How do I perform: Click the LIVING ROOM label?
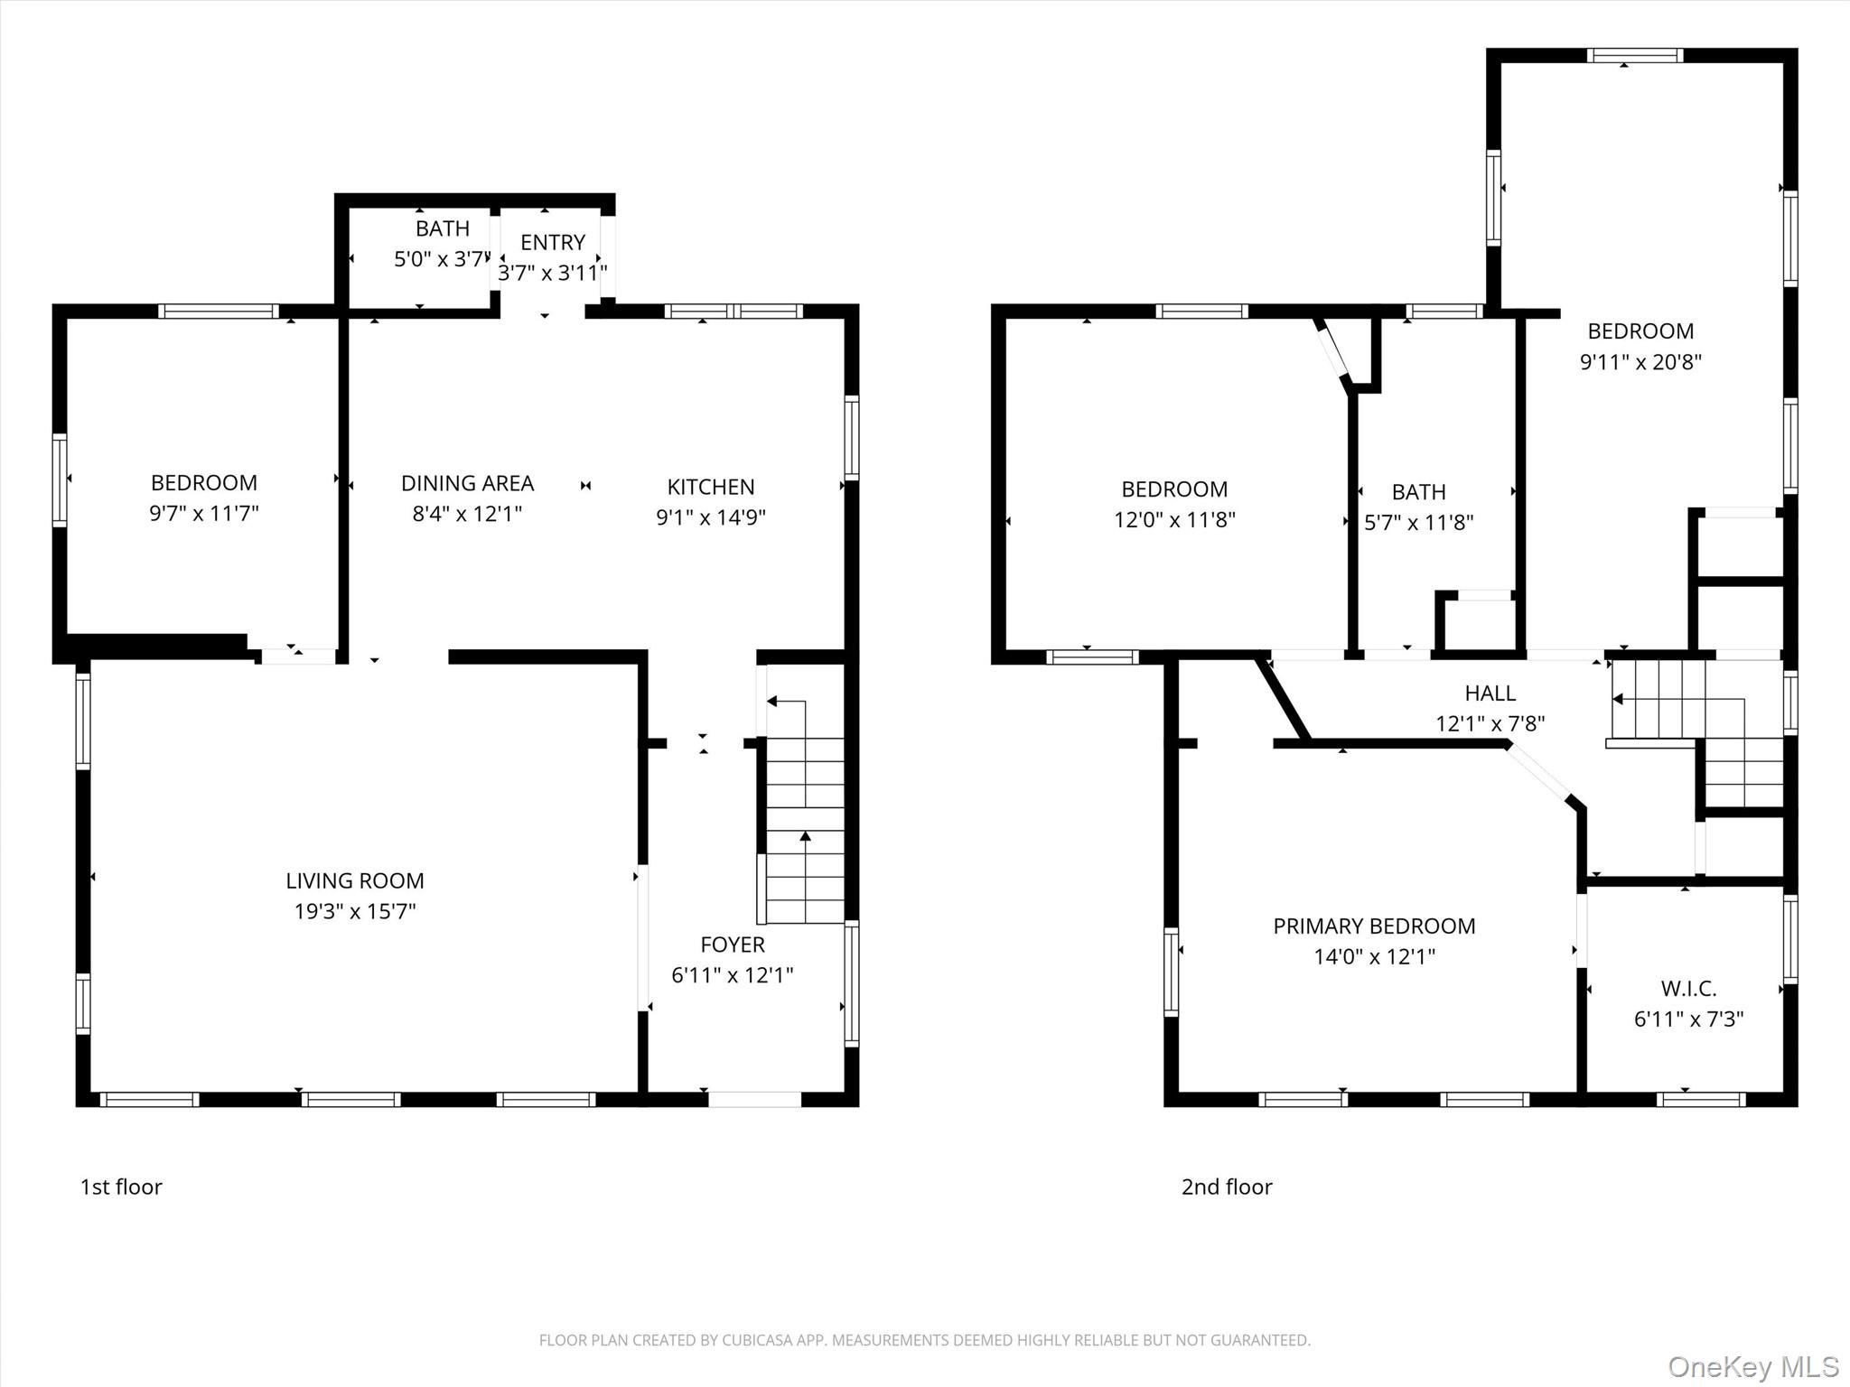[x=354, y=880]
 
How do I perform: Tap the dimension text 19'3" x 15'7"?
[x=354, y=911]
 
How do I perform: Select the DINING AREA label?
[x=467, y=483]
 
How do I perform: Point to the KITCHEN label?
[x=710, y=487]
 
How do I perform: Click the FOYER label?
[x=732, y=945]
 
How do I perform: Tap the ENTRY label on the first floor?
[x=552, y=242]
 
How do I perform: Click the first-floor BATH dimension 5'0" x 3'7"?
[x=441, y=259]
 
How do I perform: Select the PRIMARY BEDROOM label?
[x=1373, y=926]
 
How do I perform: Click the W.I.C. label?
[x=1687, y=988]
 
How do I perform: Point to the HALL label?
[x=1490, y=693]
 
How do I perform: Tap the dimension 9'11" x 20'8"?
[x=1640, y=362]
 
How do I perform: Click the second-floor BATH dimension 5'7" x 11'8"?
[x=1418, y=523]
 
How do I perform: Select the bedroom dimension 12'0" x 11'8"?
[x=1173, y=520]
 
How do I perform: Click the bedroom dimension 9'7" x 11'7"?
[x=203, y=514]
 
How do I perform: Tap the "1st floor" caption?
[x=121, y=1187]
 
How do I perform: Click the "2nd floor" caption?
[x=1226, y=1187]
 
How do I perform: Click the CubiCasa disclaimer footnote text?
[x=924, y=1340]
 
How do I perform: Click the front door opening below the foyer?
[x=754, y=1099]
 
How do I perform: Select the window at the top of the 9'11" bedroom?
[x=1634, y=55]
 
